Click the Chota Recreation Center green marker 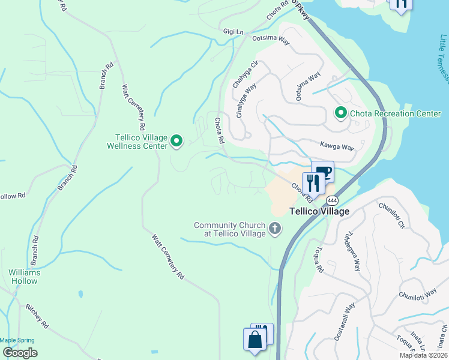tap(340, 113)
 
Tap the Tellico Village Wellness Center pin tap(176, 141)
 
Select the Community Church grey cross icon tap(275, 228)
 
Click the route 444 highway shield tap(333, 200)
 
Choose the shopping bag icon tap(255, 340)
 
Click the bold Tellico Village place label tap(319, 212)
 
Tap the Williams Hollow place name tap(24, 277)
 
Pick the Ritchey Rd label tap(37, 316)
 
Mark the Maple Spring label tap(17, 340)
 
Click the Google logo tap(20, 353)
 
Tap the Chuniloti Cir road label tap(392, 215)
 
